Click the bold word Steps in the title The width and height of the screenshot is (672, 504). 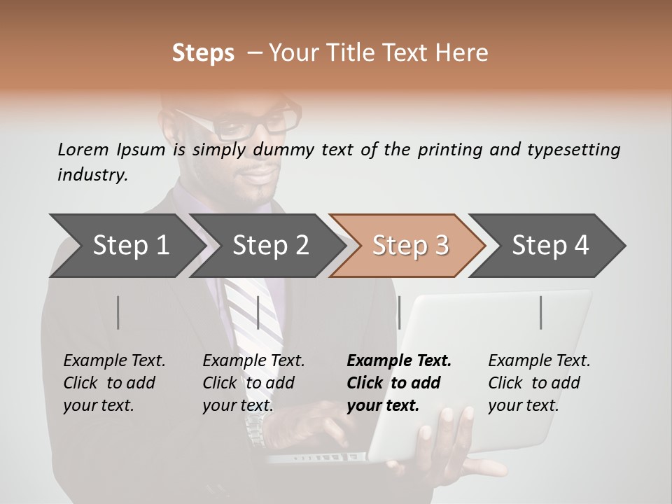pyautogui.click(x=203, y=53)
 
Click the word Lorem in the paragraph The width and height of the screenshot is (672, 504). pyautogui.click(x=83, y=149)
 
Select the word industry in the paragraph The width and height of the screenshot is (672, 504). pyautogui.click(x=92, y=175)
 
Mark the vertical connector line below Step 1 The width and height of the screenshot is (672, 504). pyautogui.click(x=118, y=312)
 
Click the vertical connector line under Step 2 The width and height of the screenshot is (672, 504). pyautogui.click(x=259, y=312)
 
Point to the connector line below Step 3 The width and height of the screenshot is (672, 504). pyautogui.click(x=399, y=312)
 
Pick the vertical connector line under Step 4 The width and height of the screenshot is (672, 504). pyautogui.click(x=541, y=312)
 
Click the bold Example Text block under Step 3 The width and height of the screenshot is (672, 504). pyautogui.click(x=398, y=383)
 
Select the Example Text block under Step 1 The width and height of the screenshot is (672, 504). pyautogui.click(x=114, y=383)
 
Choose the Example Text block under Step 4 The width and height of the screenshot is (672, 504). pyautogui.click(x=539, y=383)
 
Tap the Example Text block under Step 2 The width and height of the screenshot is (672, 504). pyautogui.click(x=253, y=383)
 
